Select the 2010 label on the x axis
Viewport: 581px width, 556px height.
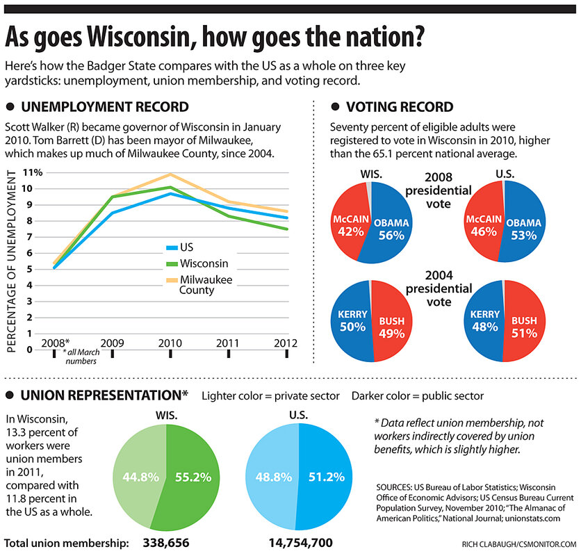(170, 343)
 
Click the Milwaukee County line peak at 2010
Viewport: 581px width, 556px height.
(170, 174)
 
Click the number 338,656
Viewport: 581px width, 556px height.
(166, 542)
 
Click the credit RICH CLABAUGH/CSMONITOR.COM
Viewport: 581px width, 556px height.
(518, 543)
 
